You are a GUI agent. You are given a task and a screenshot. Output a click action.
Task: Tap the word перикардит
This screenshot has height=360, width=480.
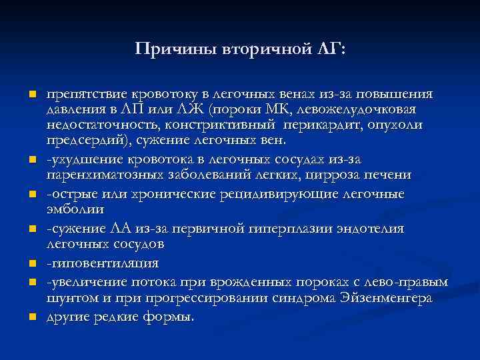pyautogui.click(x=320, y=125)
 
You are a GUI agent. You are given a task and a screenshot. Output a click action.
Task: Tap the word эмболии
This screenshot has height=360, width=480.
pyautogui.click(x=75, y=209)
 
